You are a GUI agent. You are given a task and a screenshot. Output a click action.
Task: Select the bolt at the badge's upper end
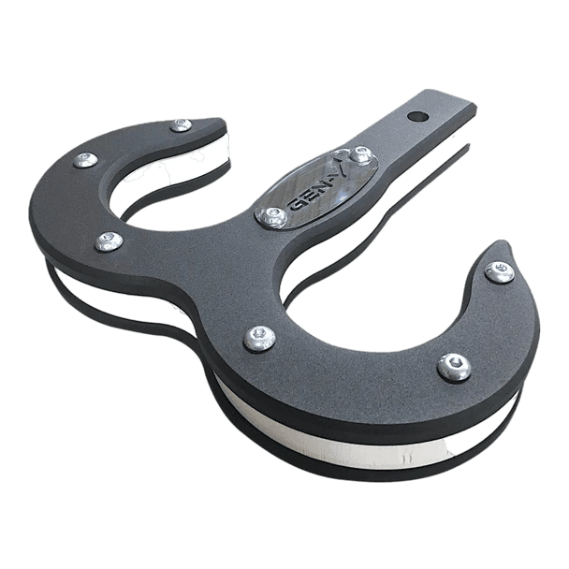point(360,153)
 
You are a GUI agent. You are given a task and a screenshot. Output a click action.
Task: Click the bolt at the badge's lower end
point(272,217)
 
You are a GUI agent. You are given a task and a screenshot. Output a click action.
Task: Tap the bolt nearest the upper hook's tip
point(181,124)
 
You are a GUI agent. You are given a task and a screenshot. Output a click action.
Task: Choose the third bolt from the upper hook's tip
point(108,242)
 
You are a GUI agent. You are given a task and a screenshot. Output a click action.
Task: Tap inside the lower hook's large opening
point(393,281)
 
